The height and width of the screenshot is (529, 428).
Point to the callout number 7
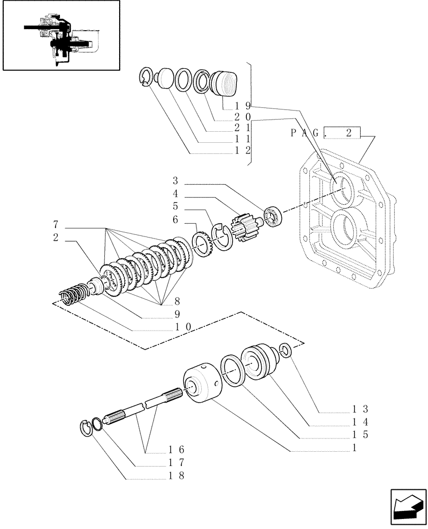point(55,223)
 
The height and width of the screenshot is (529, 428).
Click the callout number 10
point(183,327)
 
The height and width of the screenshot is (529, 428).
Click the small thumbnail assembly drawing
point(60,35)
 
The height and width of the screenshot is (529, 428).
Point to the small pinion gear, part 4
point(245,228)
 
